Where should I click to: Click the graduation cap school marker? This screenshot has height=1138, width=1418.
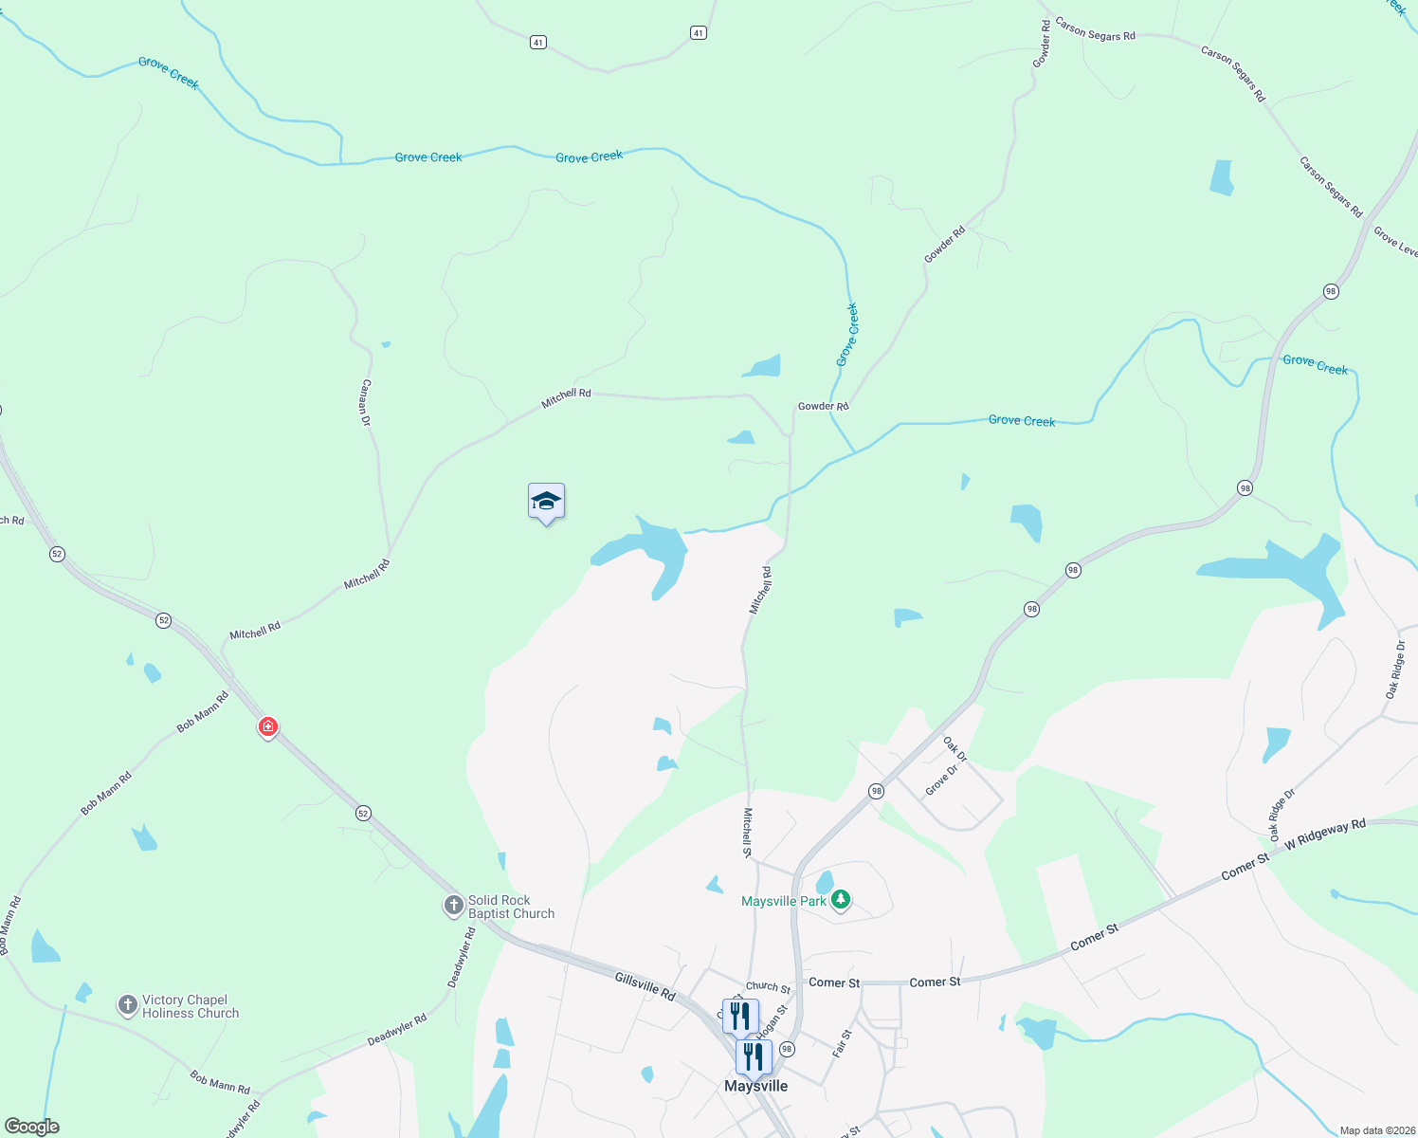(x=546, y=501)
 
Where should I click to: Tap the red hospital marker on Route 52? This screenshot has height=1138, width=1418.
(x=268, y=727)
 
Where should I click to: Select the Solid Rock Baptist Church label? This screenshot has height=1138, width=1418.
(x=511, y=907)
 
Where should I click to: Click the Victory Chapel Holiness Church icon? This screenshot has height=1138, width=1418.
(x=128, y=1005)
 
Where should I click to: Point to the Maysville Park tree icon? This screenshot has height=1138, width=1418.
(x=840, y=900)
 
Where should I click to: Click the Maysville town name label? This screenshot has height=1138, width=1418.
(x=755, y=1086)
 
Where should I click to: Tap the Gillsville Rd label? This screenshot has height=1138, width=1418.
(x=645, y=986)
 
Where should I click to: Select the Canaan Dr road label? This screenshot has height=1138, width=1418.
(x=366, y=403)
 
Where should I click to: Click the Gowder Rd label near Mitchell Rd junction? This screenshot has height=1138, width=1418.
(x=823, y=406)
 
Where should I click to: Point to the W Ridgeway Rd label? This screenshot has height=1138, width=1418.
(x=1325, y=834)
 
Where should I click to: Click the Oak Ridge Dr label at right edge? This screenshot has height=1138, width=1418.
(x=1395, y=670)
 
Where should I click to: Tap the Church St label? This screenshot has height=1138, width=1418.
(x=768, y=987)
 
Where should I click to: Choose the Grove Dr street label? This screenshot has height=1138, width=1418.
(x=941, y=780)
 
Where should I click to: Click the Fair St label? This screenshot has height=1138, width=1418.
(x=842, y=1043)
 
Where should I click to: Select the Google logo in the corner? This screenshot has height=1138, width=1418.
(x=32, y=1127)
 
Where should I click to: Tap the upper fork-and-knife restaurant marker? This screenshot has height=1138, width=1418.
(x=739, y=1016)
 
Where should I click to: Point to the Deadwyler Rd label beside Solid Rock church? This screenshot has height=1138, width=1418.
(x=462, y=958)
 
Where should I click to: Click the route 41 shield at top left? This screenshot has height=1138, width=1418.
(x=538, y=43)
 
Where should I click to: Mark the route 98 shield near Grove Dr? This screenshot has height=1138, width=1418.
(x=876, y=791)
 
